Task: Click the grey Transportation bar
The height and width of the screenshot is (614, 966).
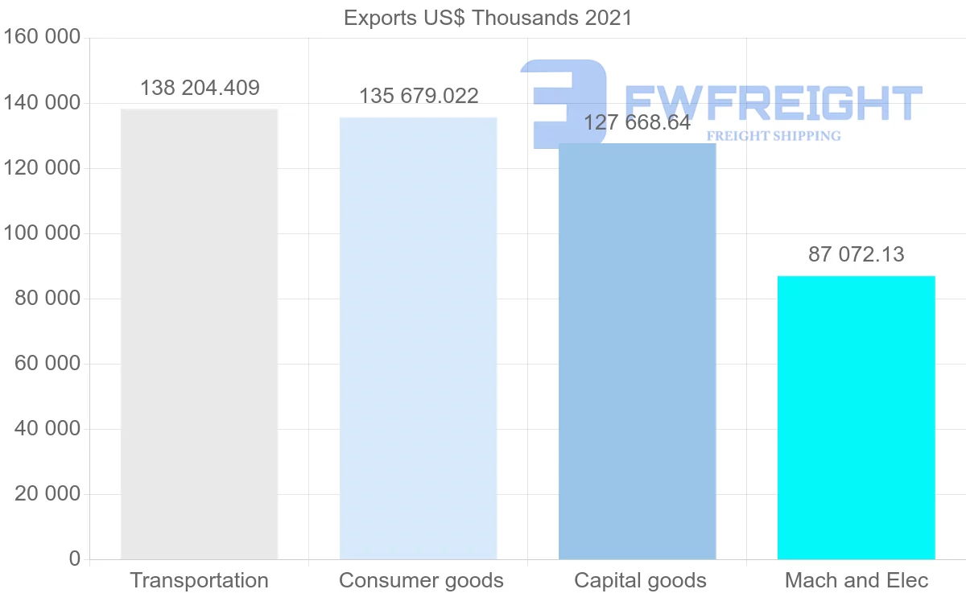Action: click(x=199, y=334)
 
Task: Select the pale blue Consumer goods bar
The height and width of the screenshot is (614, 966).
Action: click(x=418, y=338)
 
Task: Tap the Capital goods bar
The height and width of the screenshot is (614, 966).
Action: click(x=637, y=351)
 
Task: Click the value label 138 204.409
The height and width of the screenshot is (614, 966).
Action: click(x=200, y=89)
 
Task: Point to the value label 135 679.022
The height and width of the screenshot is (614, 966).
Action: click(x=419, y=97)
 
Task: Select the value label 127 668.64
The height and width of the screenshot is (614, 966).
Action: click(x=637, y=123)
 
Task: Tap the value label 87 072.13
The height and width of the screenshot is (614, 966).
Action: click(x=856, y=255)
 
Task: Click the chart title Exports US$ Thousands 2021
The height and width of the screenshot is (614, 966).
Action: click(x=488, y=18)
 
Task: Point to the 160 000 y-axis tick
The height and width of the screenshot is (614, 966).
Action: click(x=42, y=38)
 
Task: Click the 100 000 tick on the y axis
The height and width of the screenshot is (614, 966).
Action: click(x=42, y=233)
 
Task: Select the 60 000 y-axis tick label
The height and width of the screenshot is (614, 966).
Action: click(x=47, y=364)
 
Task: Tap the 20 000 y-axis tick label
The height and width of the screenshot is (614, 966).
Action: click(x=47, y=494)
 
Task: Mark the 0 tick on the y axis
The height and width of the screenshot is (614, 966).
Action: click(x=75, y=559)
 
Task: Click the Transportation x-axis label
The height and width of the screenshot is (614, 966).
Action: click(x=199, y=581)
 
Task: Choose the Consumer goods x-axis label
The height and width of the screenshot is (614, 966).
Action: click(x=421, y=581)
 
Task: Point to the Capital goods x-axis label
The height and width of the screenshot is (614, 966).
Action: click(x=640, y=581)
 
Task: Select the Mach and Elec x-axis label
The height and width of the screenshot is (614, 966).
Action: click(x=857, y=581)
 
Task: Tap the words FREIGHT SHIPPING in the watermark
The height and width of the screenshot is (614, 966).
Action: click(x=773, y=136)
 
